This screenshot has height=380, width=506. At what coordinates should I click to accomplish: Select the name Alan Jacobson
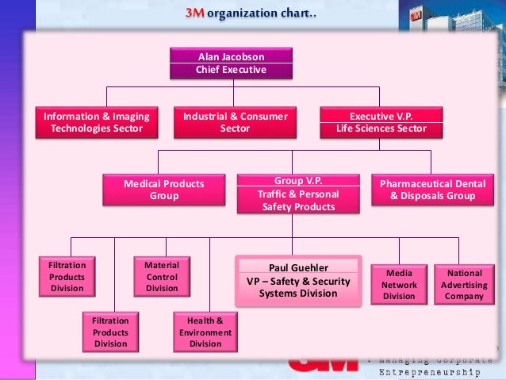tap(231, 57)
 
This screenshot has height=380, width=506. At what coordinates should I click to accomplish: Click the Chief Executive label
tap(231, 70)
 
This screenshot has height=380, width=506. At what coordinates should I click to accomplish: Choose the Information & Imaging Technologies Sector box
tap(97, 122)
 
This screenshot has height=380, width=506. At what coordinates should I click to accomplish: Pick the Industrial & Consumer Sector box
tap(235, 122)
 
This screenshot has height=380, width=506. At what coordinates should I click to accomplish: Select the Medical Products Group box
tap(164, 190)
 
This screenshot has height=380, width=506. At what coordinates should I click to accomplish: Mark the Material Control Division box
tap(162, 277)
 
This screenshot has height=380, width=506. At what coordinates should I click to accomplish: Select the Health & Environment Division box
tap(205, 332)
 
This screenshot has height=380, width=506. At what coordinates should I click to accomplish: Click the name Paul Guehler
tap(298, 267)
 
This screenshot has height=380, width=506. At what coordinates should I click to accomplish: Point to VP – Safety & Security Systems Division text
tap(298, 287)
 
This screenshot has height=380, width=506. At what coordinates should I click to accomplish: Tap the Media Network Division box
tap(399, 285)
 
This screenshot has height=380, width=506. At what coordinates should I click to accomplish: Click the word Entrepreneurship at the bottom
tap(429, 371)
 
